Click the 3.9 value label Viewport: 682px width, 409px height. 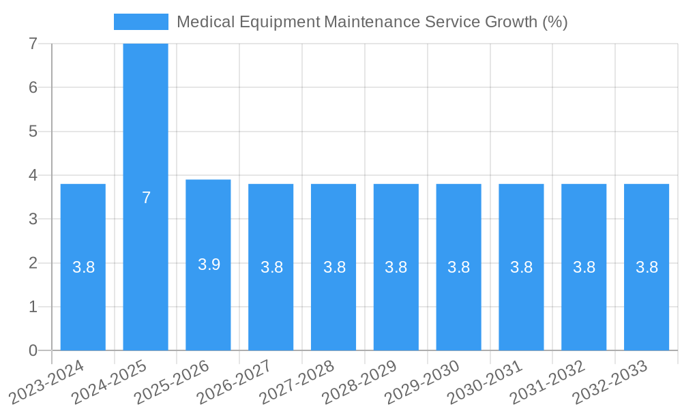[x=209, y=264]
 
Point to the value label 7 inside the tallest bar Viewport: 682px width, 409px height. [x=146, y=198]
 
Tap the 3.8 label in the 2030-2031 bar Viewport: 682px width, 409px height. [x=522, y=267]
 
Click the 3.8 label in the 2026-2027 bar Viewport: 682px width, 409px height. [x=271, y=267]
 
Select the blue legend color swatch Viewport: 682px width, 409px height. [x=140, y=22]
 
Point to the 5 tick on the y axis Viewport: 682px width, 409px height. [x=33, y=131]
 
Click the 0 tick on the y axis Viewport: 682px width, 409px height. [x=33, y=350]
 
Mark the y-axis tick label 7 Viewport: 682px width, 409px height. [x=33, y=44]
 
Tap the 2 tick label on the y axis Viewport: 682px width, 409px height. [x=33, y=262]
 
